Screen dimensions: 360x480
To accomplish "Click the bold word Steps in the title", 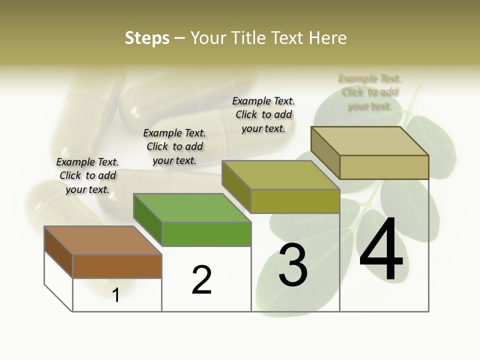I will click(147, 38).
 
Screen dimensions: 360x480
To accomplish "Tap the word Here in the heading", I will click(328, 38).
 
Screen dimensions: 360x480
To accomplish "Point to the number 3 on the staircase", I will click(292, 265).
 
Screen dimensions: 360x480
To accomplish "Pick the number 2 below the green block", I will click(201, 280).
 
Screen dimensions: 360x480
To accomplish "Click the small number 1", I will click(116, 295).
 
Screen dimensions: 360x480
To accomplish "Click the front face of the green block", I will click(206, 234).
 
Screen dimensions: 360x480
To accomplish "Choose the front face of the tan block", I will click(384, 167).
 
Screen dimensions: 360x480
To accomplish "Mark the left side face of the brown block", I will click(58, 252).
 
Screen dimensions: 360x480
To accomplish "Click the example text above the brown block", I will click(87, 175).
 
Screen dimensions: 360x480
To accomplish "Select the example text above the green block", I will click(174, 146).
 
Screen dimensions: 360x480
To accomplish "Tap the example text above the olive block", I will click(263, 114).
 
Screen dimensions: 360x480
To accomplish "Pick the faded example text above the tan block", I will click(369, 92).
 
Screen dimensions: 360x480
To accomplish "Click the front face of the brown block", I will click(117, 266).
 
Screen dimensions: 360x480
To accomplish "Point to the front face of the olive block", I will click(295, 201).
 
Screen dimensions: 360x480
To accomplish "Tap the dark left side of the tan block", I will click(325, 152).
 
